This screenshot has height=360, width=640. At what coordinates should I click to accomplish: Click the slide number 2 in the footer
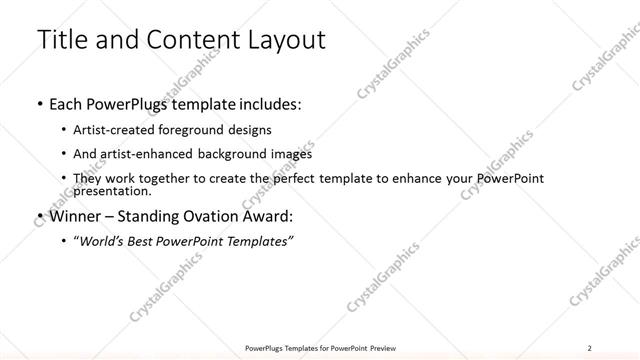[x=590, y=347]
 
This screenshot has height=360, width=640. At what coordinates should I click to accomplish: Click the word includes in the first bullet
[x=265, y=103]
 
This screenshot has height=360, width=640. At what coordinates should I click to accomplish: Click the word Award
[x=268, y=215]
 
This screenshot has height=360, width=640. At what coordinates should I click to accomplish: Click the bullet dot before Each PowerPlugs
[x=39, y=104]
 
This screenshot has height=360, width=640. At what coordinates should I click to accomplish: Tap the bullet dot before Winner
[x=39, y=216]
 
